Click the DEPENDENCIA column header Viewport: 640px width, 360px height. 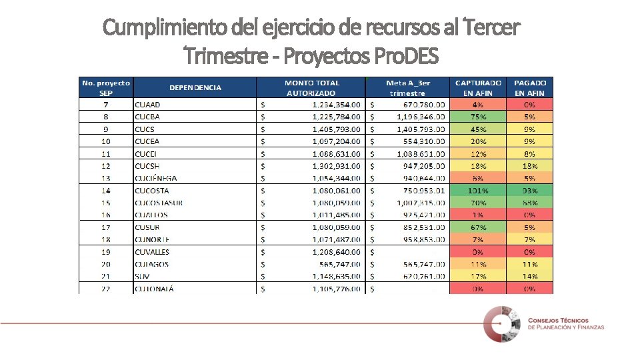(x=195, y=87)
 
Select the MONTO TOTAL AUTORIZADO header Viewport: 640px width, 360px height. (x=312, y=88)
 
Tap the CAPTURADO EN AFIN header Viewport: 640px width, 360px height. (x=478, y=88)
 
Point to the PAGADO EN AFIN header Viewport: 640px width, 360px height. (x=530, y=88)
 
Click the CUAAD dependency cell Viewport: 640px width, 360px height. (x=147, y=105)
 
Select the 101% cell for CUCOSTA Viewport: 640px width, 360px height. (x=478, y=191)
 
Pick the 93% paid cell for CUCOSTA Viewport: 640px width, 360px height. (x=530, y=191)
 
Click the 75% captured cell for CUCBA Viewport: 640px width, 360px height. (x=478, y=117)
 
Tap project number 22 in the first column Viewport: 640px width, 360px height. (x=106, y=289)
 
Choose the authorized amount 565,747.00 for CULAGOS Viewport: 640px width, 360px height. (x=337, y=264)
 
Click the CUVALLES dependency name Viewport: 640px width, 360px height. (x=152, y=252)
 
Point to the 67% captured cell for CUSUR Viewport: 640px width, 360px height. (x=478, y=227)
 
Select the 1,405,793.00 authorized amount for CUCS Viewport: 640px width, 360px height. (x=337, y=129)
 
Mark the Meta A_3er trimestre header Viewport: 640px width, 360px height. (x=408, y=88)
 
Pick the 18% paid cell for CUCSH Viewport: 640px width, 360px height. (x=530, y=166)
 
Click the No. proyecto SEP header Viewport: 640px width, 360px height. (x=106, y=88)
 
